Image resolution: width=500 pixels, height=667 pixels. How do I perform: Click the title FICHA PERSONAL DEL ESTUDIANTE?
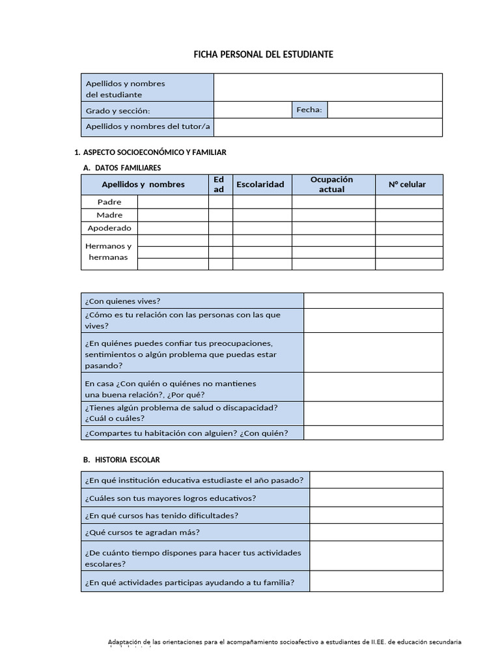point(263,55)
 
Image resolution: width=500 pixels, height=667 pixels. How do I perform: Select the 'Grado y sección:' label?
point(118,111)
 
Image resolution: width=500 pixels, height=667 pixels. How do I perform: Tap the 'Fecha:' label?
point(309,110)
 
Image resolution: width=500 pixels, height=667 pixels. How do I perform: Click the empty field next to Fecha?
point(384,110)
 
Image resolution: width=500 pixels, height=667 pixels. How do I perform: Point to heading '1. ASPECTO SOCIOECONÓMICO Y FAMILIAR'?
point(150,152)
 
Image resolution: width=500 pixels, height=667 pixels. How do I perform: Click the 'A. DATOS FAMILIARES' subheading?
point(122,168)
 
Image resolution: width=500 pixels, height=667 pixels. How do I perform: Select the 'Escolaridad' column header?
point(260,184)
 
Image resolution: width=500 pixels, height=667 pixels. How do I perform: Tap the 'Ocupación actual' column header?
point(332,184)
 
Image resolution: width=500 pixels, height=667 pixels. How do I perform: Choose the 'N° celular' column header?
point(408,184)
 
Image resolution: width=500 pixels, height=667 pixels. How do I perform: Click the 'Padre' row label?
point(109,202)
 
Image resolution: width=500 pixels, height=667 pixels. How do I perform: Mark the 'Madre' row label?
point(109,215)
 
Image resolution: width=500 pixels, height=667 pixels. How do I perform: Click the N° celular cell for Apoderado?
point(408,228)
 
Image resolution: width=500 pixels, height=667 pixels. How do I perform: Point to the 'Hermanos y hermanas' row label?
point(109,251)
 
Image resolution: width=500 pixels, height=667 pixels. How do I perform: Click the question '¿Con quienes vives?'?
point(123,301)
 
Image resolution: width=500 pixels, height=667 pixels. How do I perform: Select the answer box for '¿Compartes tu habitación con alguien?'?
point(372,433)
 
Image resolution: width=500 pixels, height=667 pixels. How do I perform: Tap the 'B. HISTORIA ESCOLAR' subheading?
point(122,460)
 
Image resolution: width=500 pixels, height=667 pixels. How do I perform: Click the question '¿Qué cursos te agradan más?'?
point(142,532)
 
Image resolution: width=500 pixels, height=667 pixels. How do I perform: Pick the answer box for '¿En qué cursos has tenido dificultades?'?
point(376,515)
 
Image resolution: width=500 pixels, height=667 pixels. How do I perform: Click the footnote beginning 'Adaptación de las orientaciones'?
point(285,642)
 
